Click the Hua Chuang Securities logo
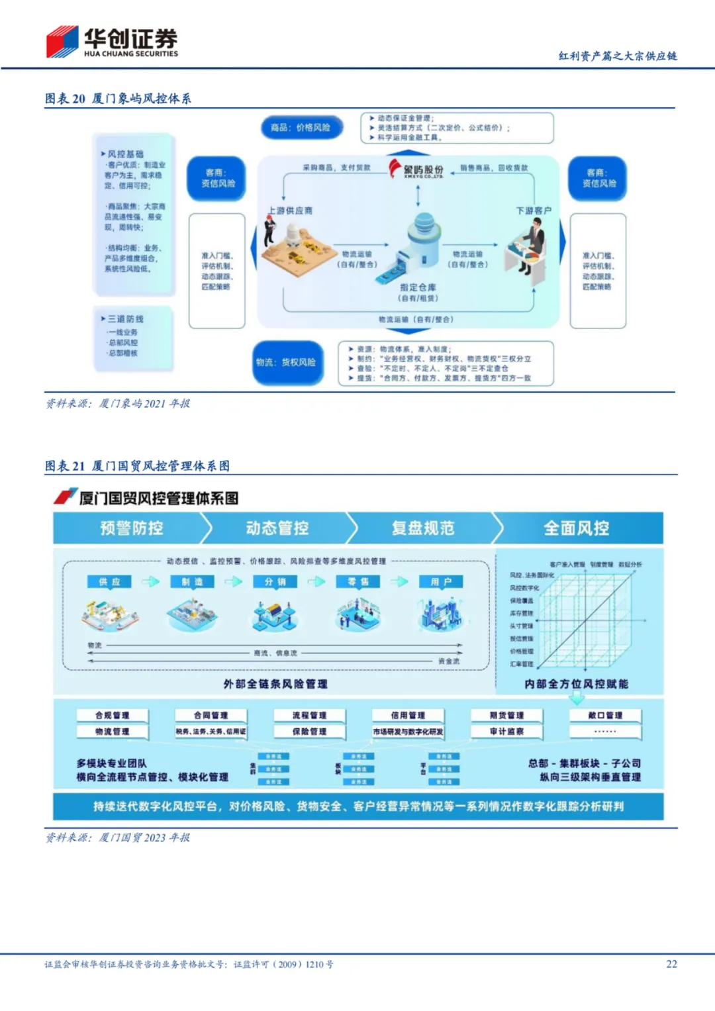click(111, 42)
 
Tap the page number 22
click(671, 964)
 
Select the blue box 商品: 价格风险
click(301, 127)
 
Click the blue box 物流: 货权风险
click(287, 362)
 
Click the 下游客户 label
click(534, 211)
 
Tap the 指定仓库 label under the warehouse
click(418, 287)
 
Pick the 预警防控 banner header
click(132, 528)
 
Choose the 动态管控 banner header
click(277, 528)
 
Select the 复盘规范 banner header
click(423, 528)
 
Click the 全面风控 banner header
click(577, 528)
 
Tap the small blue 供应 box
click(110, 581)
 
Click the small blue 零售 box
click(358, 581)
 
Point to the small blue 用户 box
click(441, 581)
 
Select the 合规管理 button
click(112, 715)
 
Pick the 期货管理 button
click(506, 715)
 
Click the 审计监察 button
click(506, 732)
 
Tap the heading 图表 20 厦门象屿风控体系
click(118, 99)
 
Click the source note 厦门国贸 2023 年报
click(118, 838)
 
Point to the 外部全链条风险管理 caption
click(275, 684)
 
